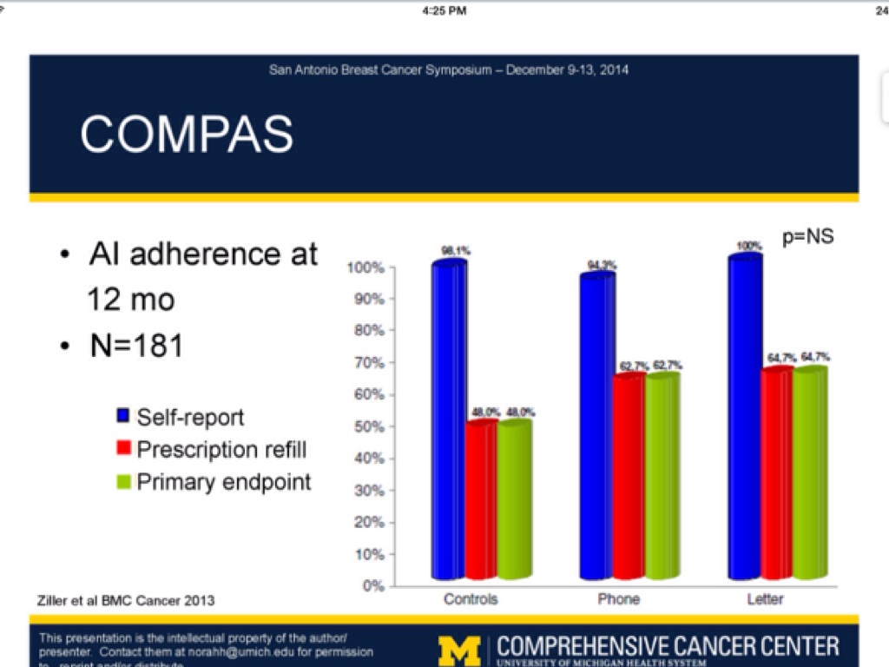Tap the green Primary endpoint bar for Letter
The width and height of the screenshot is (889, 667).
[810, 473]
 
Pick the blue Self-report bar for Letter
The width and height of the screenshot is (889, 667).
[745, 417]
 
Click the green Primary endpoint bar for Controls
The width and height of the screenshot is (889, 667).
[513, 499]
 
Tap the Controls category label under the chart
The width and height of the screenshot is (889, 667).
[471, 599]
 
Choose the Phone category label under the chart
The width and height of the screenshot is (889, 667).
[618, 599]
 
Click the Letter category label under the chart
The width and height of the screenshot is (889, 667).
[765, 599]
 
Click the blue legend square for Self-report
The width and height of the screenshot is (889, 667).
[123, 417]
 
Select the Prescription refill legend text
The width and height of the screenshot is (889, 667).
[221, 449]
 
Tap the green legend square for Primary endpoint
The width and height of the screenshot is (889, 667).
[123, 482]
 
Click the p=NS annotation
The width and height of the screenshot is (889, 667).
[807, 236]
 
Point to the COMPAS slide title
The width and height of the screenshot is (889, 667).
[187, 134]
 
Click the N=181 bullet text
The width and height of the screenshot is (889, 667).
[136, 346]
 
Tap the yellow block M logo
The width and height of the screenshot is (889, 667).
[458, 650]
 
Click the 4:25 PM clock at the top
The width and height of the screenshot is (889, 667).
[444, 10]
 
